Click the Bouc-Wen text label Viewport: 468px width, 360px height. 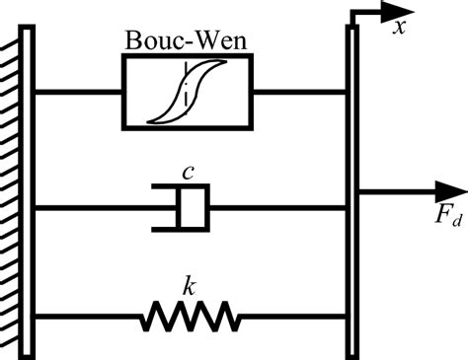pos(186,41)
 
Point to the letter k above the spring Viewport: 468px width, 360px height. pos(191,286)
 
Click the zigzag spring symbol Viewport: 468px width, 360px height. pos(191,318)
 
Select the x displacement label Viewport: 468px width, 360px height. pos(401,28)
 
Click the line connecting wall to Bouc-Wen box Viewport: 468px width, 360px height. pos(79,92)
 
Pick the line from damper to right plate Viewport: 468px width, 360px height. pos(276,207)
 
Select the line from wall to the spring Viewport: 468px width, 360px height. pos(89,318)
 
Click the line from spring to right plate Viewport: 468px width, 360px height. pos(291,318)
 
